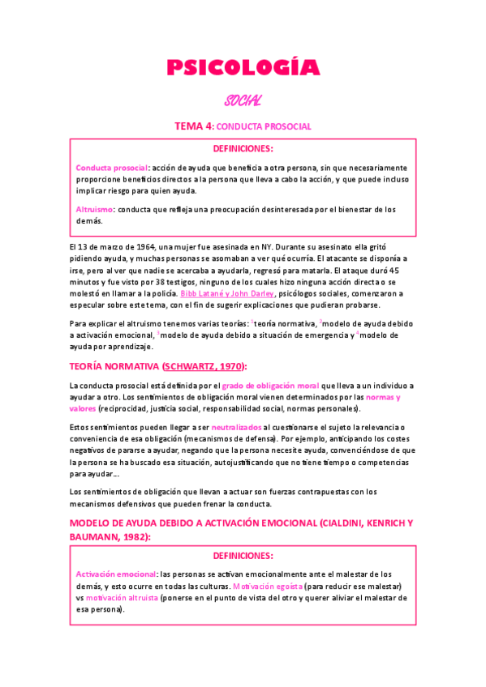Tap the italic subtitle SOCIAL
(x=243, y=100)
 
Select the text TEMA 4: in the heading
(x=195, y=126)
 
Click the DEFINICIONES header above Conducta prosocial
(x=243, y=148)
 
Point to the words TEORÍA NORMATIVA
(x=114, y=366)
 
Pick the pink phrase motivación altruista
(x=122, y=598)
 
